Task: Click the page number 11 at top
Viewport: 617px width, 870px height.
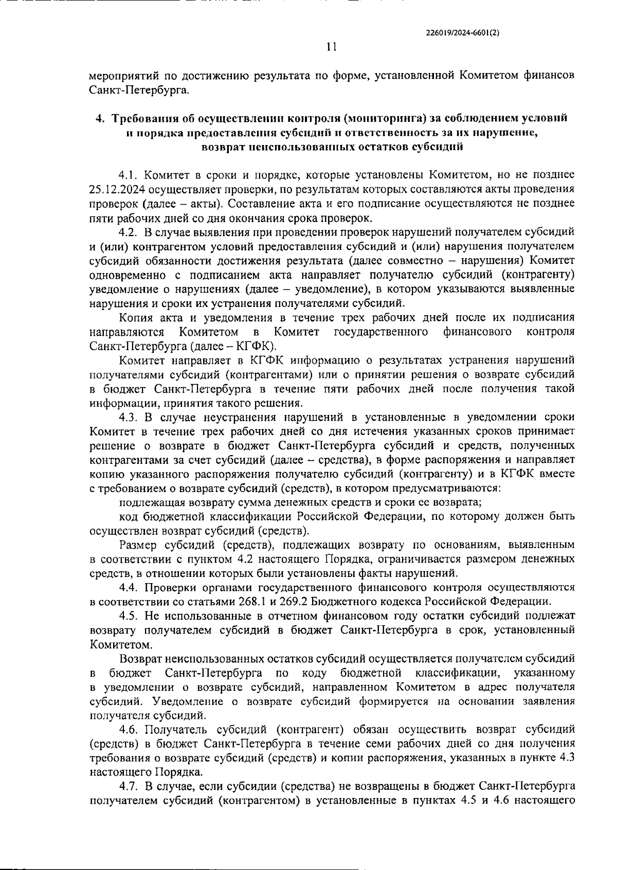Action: [x=332, y=47]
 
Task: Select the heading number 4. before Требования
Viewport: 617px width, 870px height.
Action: [x=100, y=119]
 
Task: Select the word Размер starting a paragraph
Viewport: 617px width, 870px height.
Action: [x=138, y=545]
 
